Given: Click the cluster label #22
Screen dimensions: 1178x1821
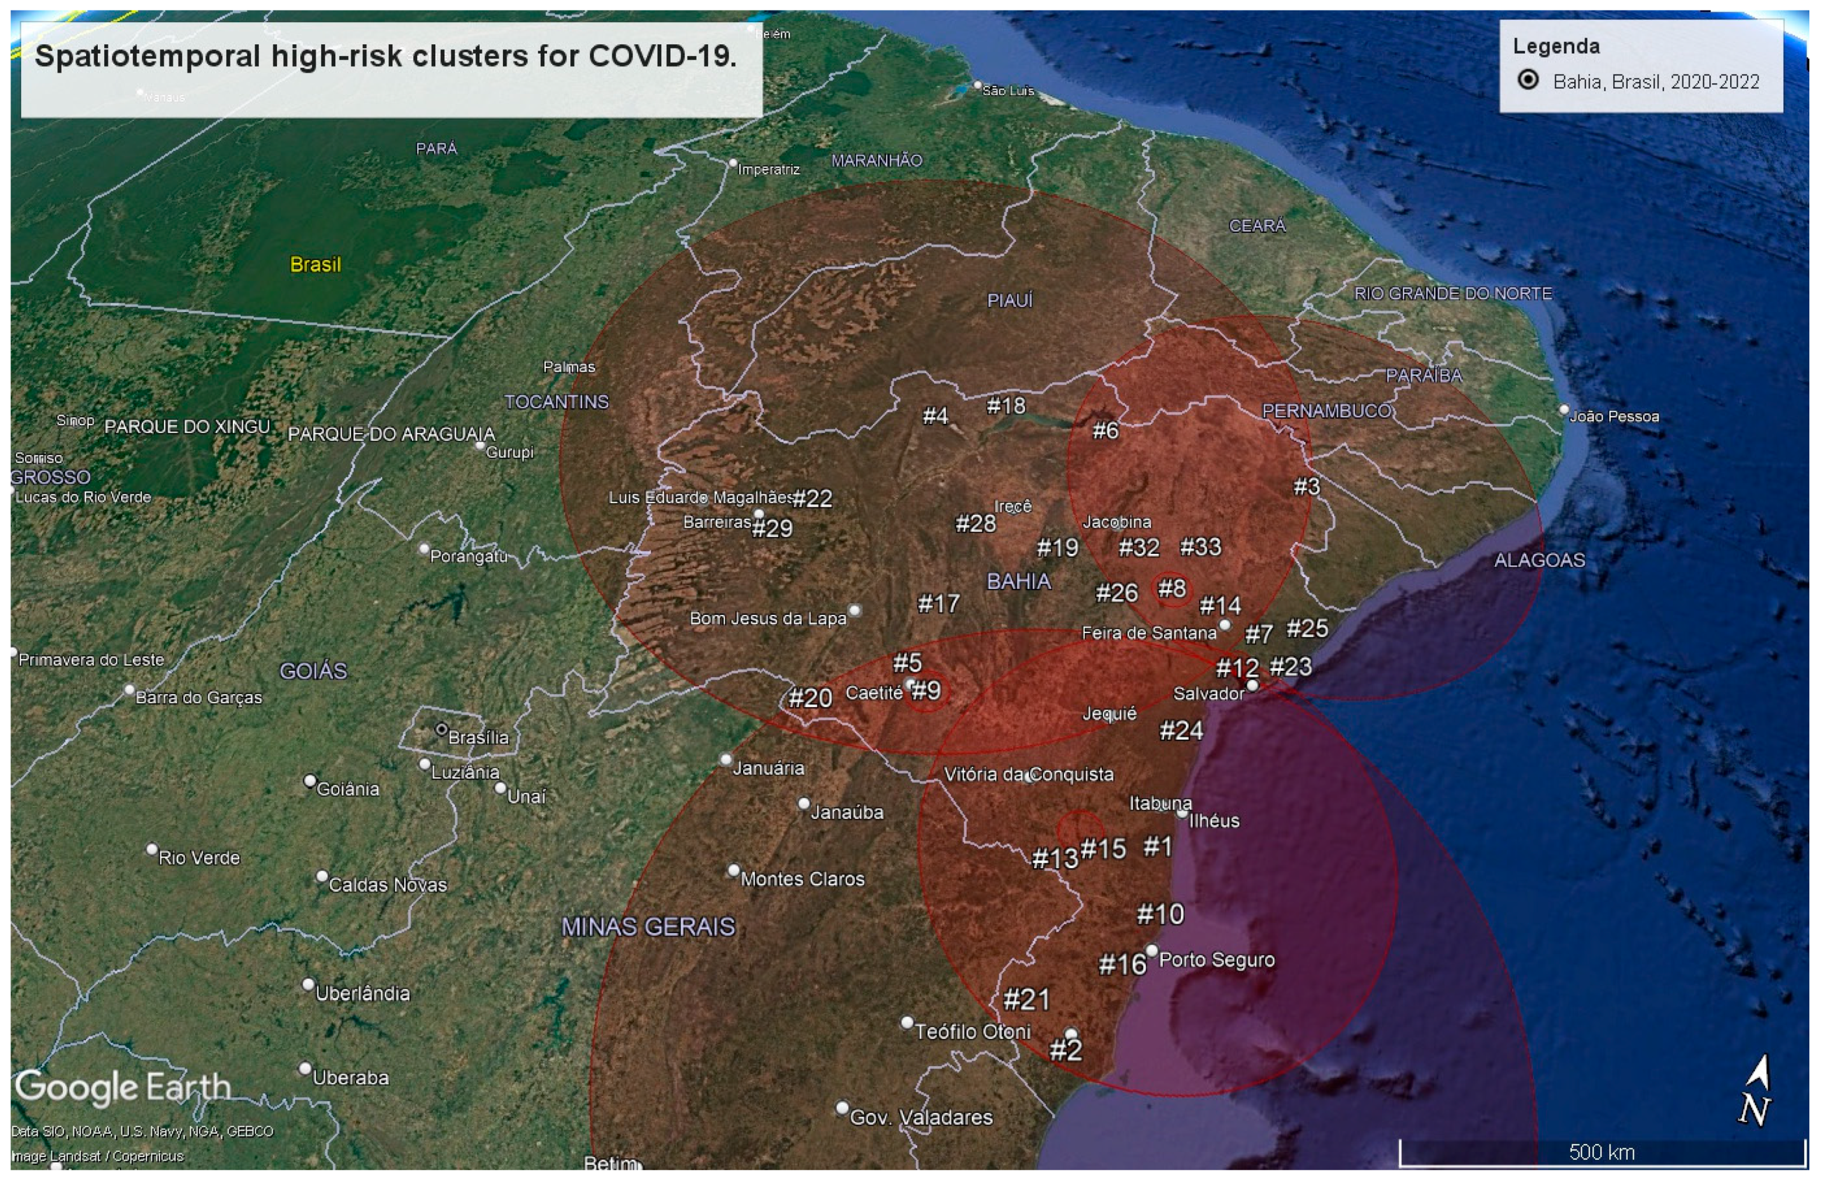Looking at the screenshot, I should (x=812, y=498).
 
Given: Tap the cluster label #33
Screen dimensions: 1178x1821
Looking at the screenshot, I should (x=1200, y=547).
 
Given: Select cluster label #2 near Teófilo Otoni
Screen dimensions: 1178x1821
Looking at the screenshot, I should (x=1065, y=1050).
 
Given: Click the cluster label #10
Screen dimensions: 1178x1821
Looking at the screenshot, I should (x=1160, y=914).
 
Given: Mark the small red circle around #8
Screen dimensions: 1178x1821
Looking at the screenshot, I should (x=1172, y=589).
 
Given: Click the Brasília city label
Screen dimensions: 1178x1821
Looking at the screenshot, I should (x=478, y=737).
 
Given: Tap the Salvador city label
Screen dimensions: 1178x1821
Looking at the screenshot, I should (x=1209, y=694).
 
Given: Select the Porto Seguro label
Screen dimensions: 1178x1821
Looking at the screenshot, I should (x=1216, y=960).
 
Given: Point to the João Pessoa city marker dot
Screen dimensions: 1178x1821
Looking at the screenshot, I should (x=1564, y=410).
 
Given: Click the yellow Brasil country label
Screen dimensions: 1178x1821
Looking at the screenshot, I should (x=315, y=265).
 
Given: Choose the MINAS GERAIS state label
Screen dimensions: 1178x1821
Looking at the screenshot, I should (x=648, y=927).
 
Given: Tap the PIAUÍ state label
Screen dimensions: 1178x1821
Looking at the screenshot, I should (x=1009, y=300).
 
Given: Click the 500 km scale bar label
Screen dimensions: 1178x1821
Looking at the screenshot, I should (x=1601, y=1152).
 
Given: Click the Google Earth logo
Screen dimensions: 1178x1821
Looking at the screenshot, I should (x=122, y=1087).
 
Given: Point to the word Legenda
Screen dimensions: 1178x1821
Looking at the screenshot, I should (x=1555, y=47).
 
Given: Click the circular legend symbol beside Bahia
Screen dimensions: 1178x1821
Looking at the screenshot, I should (x=1528, y=80).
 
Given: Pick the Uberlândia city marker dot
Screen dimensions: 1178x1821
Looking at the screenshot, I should (x=308, y=985).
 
